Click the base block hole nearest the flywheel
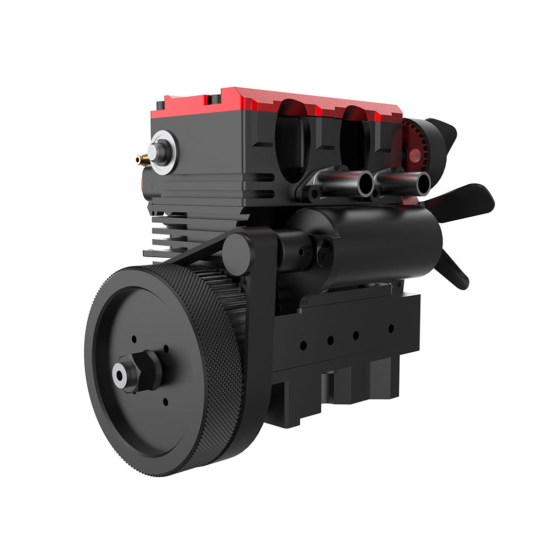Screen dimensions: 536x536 point(303,345)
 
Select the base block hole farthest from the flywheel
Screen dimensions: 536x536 point(391,329)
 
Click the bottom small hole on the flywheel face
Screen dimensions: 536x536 point(165,402)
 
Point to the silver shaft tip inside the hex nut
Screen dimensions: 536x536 point(120,375)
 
